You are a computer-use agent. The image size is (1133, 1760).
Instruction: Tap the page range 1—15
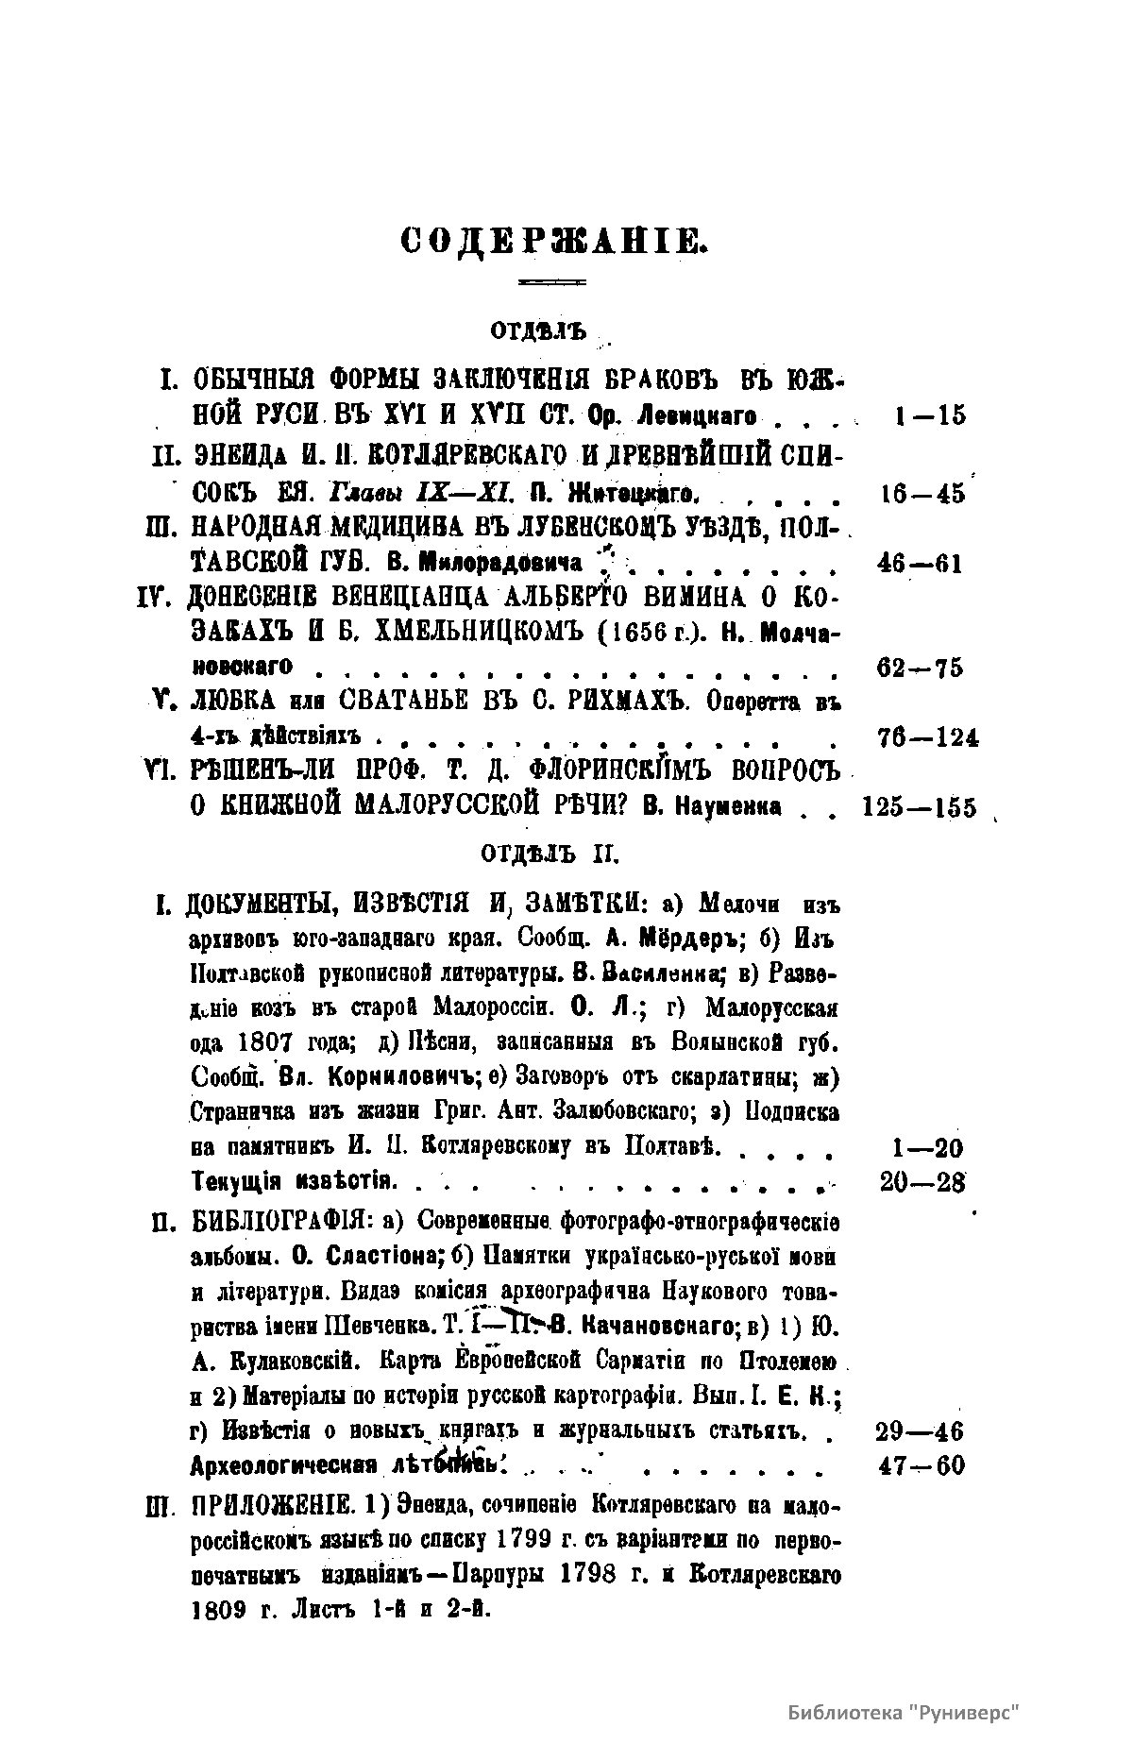coord(929,415)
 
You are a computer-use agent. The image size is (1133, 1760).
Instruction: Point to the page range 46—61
coord(920,565)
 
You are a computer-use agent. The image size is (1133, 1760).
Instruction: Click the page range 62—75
coord(920,668)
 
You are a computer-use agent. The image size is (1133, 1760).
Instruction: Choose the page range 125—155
coord(920,808)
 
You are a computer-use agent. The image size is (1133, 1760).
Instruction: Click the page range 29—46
coord(920,1431)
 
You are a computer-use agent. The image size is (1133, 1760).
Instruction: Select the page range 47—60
coord(920,1466)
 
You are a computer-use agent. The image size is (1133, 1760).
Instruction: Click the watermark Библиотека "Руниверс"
coord(905,1686)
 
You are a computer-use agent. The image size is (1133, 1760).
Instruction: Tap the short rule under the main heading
coord(553,281)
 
